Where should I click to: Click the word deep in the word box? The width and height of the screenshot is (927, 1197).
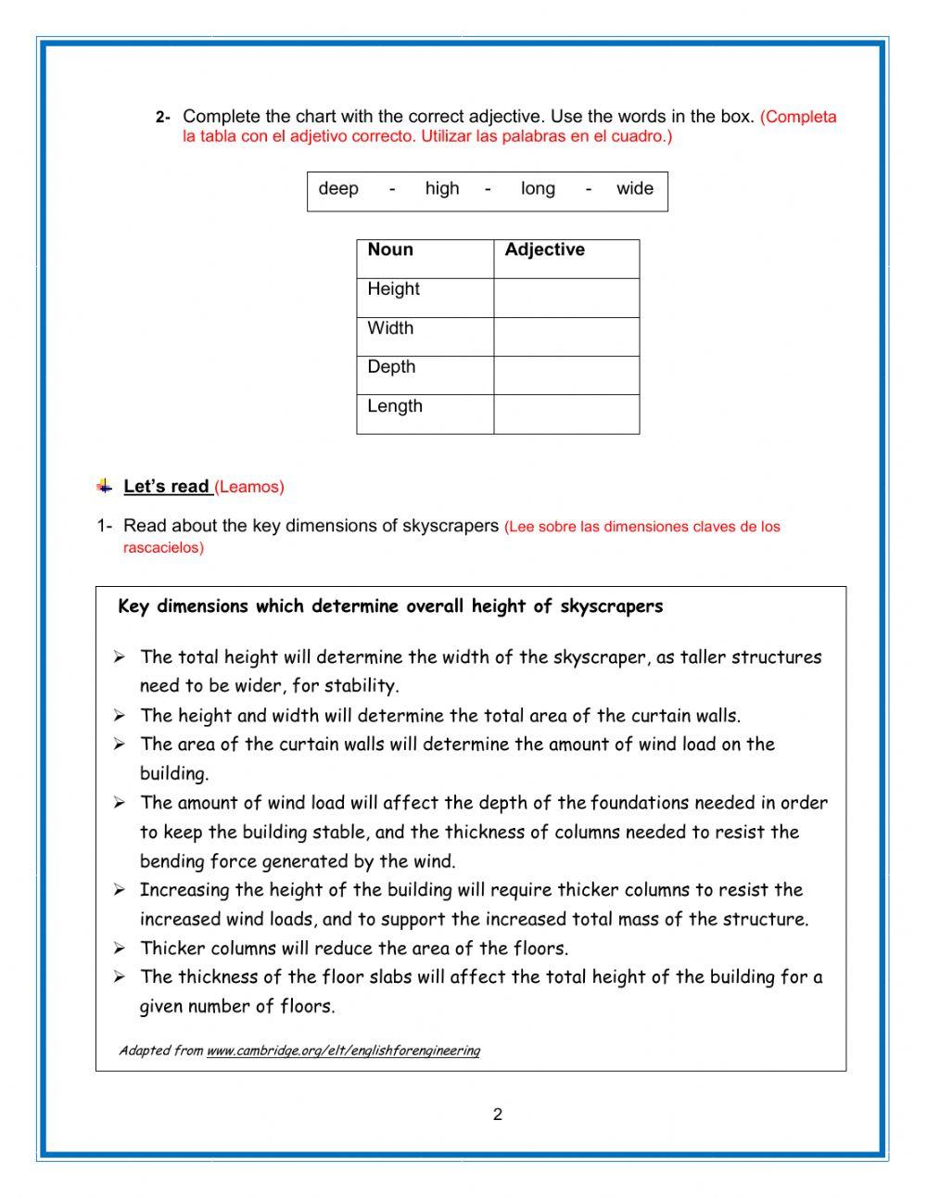[x=338, y=189]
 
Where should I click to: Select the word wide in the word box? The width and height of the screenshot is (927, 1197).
[x=634, y=189]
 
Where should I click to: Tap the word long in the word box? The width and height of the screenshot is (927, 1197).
[x=538, y=189]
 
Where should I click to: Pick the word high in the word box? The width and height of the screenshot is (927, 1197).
[x=442, y=189]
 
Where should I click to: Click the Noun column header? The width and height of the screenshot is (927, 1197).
[x=390, y=249]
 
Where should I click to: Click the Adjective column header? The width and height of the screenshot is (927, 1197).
[x=544, y=249]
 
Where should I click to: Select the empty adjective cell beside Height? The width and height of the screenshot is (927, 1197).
[x=566, y=299]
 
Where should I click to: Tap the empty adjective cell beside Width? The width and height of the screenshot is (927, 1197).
[x=566, y=337]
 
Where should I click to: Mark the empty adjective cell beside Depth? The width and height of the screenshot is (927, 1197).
[x=566, y=376]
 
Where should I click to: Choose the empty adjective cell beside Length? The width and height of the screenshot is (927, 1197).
[x=566, y=415]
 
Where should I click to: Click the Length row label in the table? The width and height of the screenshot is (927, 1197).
[x=395, y=406]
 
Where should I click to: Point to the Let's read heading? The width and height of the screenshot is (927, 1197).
[x=167, y=487]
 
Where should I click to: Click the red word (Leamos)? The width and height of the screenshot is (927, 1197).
[x=249, y=487]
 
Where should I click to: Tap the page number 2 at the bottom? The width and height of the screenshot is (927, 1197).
[x=498, y=1114]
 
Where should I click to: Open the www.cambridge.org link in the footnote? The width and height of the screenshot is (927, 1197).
[x=343, y=1051]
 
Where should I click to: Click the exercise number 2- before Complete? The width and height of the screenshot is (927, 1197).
[x=163, y=118]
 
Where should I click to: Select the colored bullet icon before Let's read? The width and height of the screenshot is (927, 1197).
[x=105, y=486]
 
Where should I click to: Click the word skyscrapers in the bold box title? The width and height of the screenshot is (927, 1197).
[x=612, y=606]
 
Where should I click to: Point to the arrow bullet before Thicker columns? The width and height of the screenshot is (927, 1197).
[x=120, y=948]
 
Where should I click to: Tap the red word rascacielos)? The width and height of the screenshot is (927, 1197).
[x=163, y=547]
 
